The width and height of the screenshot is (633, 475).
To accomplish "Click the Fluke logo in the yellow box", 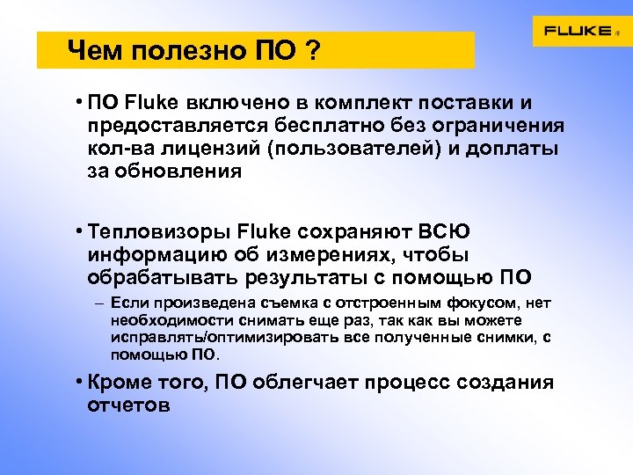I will pyautogui.click(x=578, y=31).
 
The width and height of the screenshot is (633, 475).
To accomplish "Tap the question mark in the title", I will pyautogui.click(x=312, y=52).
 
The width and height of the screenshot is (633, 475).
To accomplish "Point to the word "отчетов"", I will pyautogui.click(x=129, y=406).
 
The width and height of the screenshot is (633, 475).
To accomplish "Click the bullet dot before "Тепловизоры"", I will pyautogui.click(x=79, y=232).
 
